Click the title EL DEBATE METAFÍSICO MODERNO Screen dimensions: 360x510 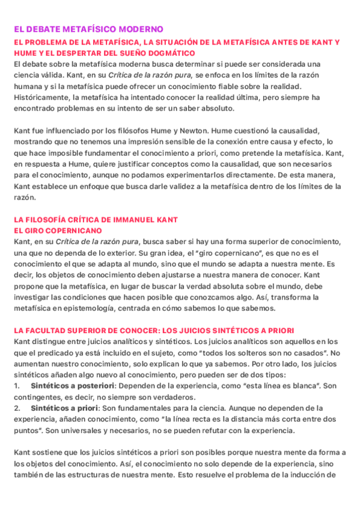point(88,29)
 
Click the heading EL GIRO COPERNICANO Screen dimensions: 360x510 point(58,230)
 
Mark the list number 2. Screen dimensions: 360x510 point(17,407)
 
